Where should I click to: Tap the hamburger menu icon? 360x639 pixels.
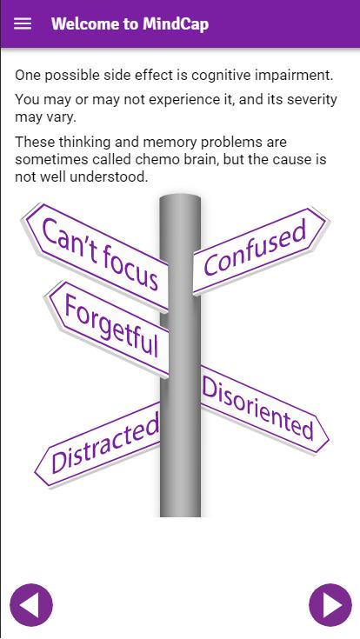pos(23,23)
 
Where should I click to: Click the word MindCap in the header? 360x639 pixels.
pos(176,23)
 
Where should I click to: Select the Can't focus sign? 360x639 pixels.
pos(97,257)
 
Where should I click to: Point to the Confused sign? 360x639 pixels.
pos(260,250)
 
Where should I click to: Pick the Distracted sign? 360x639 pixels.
pos(98,444)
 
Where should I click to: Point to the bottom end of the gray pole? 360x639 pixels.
pos(180,516)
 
